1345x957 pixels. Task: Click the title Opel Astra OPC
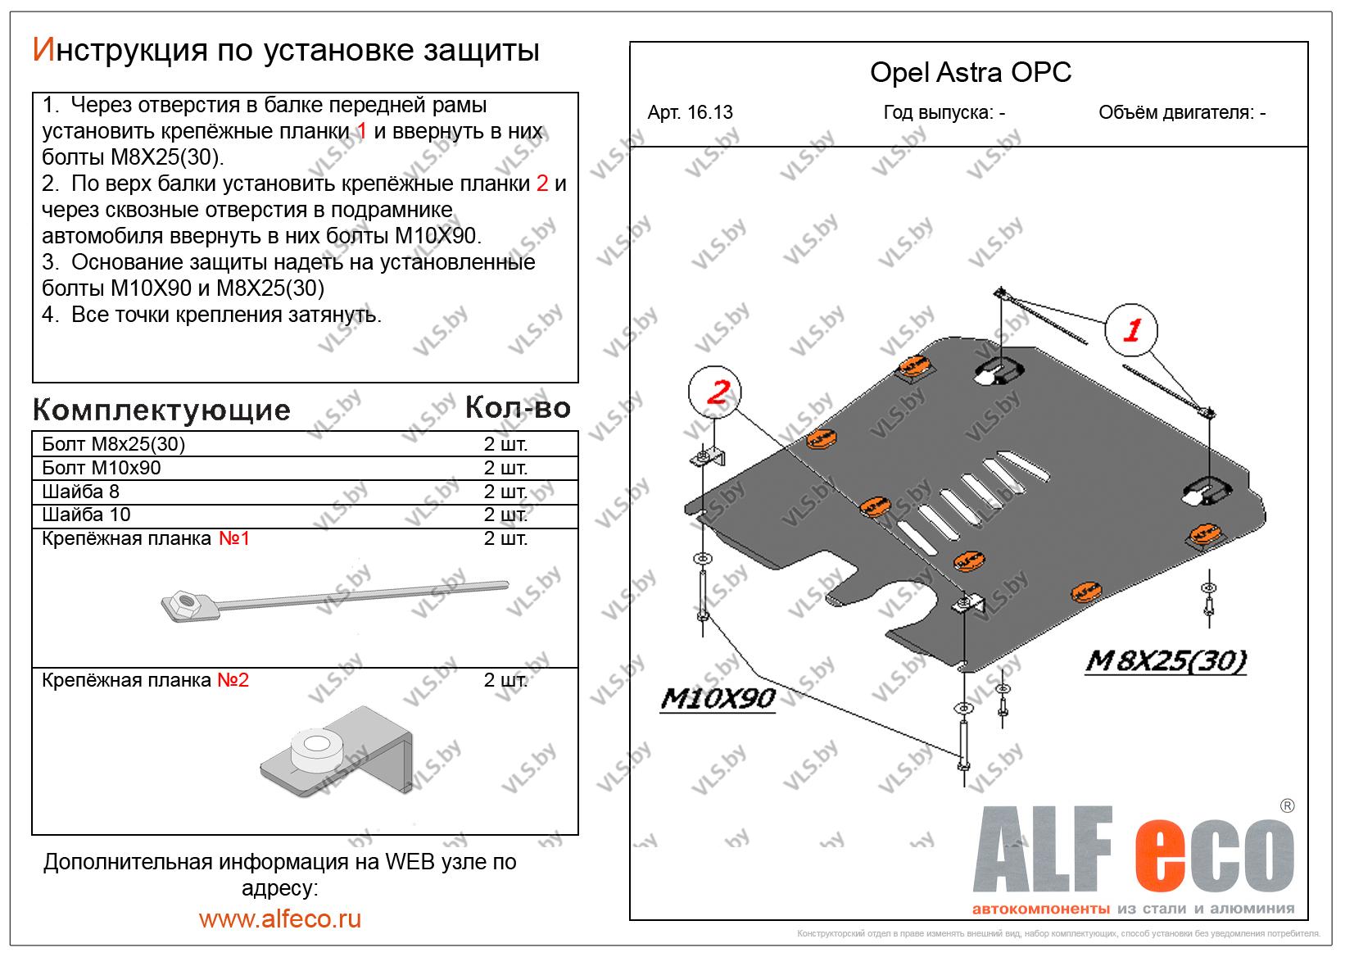(970, 73)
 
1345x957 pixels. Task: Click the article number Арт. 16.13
(690, 113)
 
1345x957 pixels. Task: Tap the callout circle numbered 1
(1132, 330)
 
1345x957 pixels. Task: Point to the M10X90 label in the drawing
(718, 698)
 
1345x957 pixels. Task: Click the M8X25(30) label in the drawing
(1165, 660)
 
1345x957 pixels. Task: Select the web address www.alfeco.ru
(279, 918)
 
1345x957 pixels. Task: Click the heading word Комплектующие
(161, 410)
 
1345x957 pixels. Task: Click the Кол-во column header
(518, 407)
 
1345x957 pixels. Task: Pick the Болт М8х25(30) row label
(114, 444)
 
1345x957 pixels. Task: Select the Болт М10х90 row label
(102, 468)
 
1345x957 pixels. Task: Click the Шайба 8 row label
(81, 492)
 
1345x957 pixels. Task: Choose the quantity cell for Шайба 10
(505, 515)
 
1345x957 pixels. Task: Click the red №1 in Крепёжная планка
(233, 539)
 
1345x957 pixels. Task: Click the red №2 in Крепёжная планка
(233, 680)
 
